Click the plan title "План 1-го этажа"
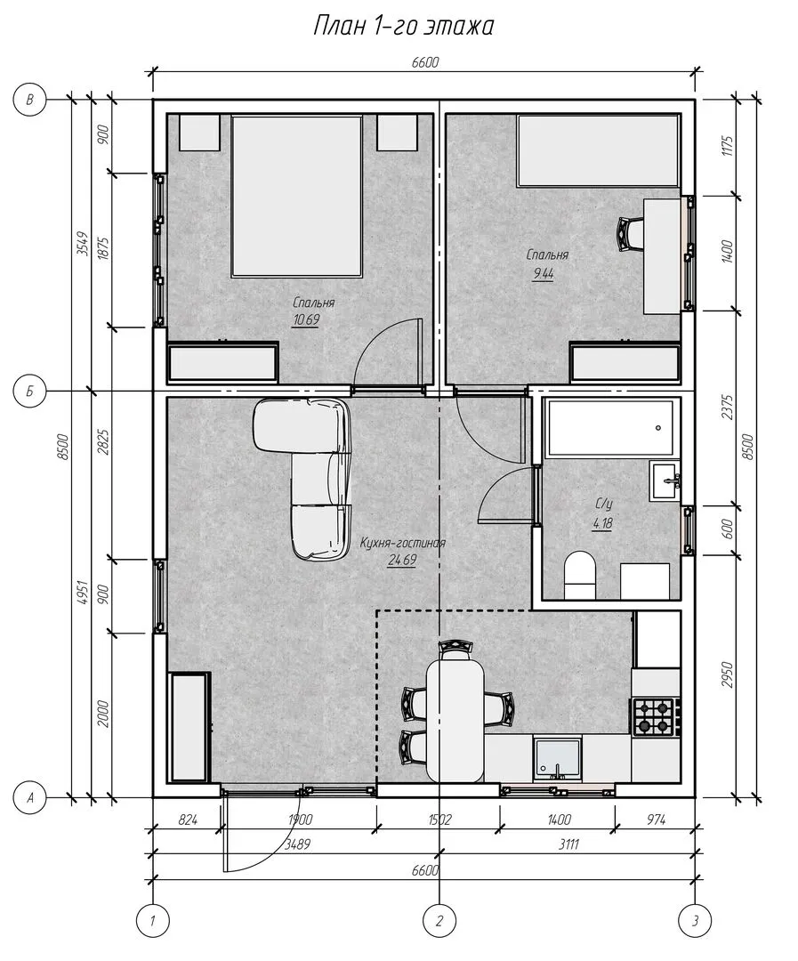point(403,27)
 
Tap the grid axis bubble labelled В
point(30,99)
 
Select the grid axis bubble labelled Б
point(30,391)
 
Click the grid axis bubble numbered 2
point(439,920)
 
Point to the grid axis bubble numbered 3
point(695,920)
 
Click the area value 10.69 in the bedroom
point(306,320)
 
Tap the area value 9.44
point(543,274)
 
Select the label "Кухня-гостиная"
point(402,543)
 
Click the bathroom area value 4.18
point(602,523)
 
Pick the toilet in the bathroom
point(580,575)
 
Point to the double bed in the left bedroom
point(296,196)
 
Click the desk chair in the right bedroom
point(630,233)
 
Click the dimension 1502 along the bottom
point(439,820)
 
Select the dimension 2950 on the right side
point(727,674)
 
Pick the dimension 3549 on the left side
point(84,243)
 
